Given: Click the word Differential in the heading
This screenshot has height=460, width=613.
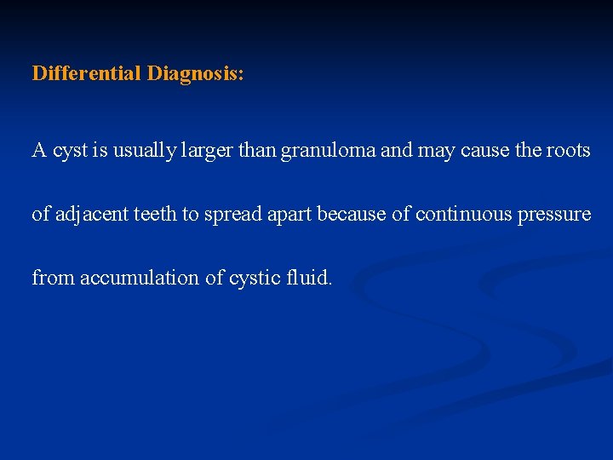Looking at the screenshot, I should coord(87,73).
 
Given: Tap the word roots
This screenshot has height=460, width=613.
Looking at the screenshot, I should coord(567,151).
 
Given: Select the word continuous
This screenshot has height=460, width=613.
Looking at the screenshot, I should coord(465,214).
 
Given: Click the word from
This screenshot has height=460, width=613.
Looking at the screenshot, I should coord(53,277).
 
